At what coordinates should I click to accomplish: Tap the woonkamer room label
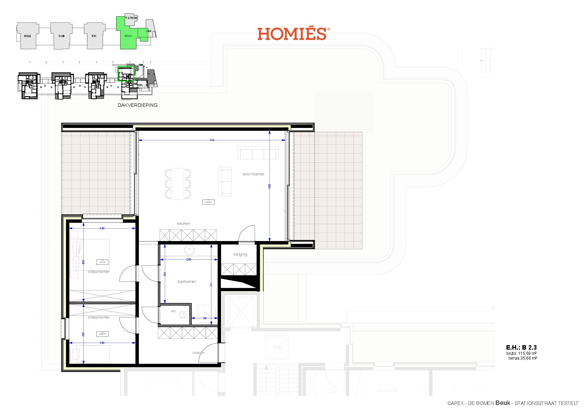click(x=253, y=174)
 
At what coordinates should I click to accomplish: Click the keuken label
click(x=183, y=223)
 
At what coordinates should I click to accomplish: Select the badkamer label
click(x=187, y=281)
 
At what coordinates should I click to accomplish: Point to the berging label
click(x=240, y=254)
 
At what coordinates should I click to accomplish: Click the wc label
click(x=173, y=311)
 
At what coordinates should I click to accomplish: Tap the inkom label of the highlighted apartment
click(x=198, y=353)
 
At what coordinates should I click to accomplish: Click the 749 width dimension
click(x=212, y=140)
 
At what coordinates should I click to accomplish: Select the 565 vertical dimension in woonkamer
click(x=269, y=186)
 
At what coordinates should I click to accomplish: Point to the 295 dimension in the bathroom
click(x=189, y=259)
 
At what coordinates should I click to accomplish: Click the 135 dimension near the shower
click(x=205, y=318)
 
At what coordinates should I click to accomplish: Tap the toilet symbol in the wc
click(x=183, y=315)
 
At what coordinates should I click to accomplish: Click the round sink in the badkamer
click(x=189, y=250)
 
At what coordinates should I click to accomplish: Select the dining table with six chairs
click(x=178, y=184)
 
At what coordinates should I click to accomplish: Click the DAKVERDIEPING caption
click(x=137, y=105)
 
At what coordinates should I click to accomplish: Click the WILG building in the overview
click(x=28, y=36)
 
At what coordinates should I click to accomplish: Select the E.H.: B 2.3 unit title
click(x=521, y=348)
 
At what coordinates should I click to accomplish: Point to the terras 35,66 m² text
click(x=522, y=358)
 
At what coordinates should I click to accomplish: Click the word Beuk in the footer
click(x=503, y=403)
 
